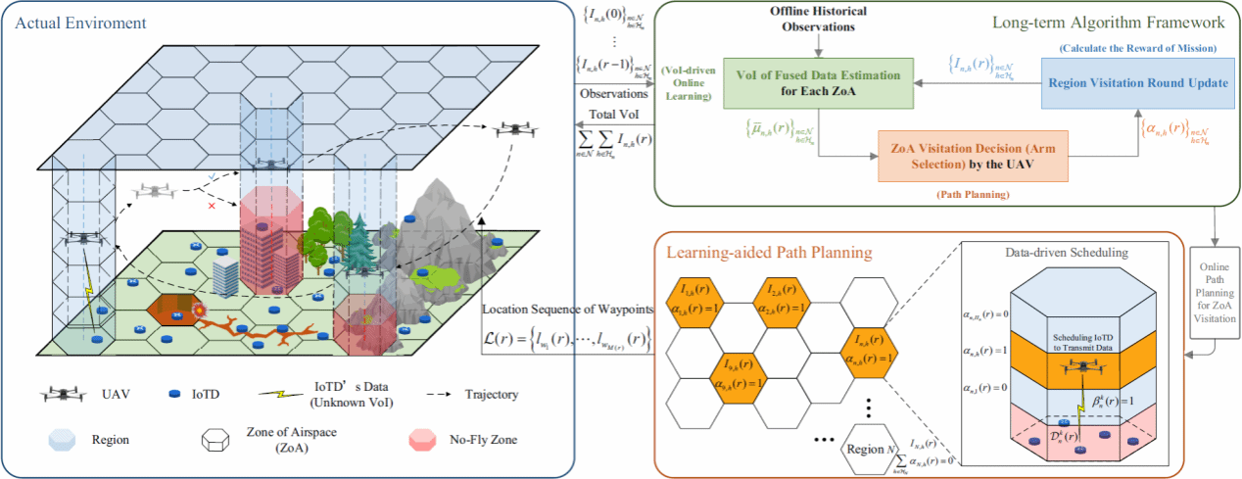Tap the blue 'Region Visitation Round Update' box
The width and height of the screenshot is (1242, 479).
pyautogui.click(x=1136, y=82)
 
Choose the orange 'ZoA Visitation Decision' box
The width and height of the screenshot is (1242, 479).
pyautogui.click(x=973, y=157)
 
